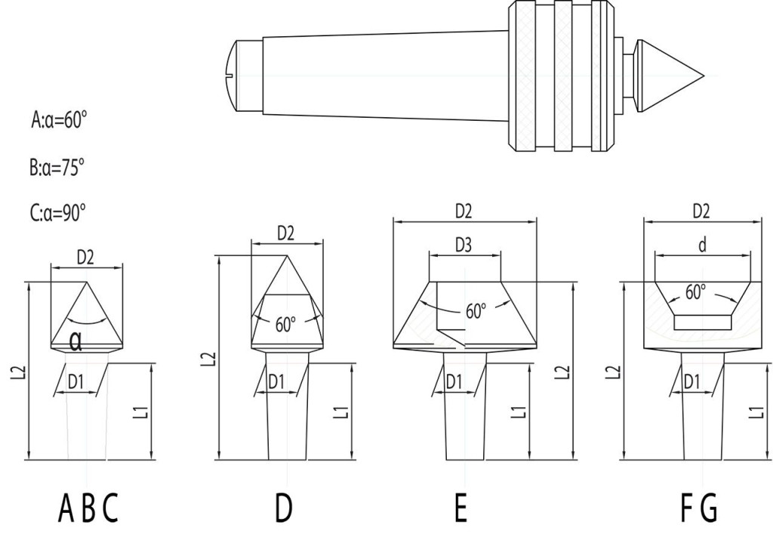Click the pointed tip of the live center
(702, 76)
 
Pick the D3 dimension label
(463, 245)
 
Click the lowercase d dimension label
(702, 245)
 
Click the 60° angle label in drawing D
(285, 326)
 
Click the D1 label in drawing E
(454, 382)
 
